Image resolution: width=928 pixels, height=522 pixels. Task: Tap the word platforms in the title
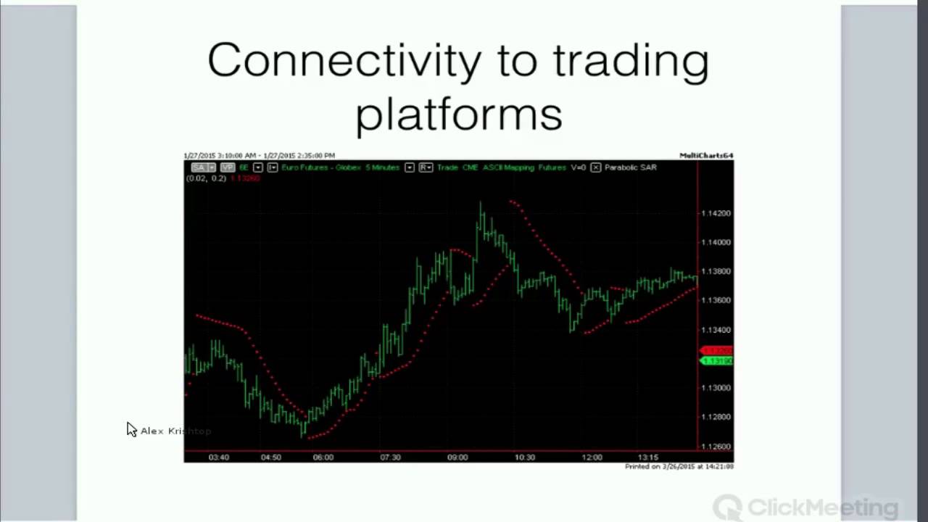click(458, 115)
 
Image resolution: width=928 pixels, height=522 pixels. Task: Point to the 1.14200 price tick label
click(716, 213)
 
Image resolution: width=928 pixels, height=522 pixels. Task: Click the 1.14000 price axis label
click(716, 242)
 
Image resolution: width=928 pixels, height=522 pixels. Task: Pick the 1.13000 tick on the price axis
click(716, 388)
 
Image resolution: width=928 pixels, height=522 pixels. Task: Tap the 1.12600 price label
click(716, 447)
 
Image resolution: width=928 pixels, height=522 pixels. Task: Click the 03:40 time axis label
click(218, 457)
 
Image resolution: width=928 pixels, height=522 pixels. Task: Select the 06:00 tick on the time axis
click(323, 457)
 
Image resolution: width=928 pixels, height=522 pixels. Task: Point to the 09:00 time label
click(457, 457)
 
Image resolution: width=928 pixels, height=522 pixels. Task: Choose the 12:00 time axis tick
click(592, 457)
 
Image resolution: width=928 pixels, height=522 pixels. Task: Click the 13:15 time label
click(647, 457)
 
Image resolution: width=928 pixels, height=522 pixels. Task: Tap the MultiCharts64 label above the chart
click(706, 155)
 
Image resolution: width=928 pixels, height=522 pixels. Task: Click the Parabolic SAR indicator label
click(630, 167)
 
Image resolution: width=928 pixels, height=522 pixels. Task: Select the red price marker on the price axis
click(717, 351)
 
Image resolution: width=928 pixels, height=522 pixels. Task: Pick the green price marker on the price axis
click(717, 360)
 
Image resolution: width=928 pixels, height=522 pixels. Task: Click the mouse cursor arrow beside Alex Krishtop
click(131, 429)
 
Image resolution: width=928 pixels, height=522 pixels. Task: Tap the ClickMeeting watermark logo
click(805, 506)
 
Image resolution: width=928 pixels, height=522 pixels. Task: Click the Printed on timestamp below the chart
click(679, 466)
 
